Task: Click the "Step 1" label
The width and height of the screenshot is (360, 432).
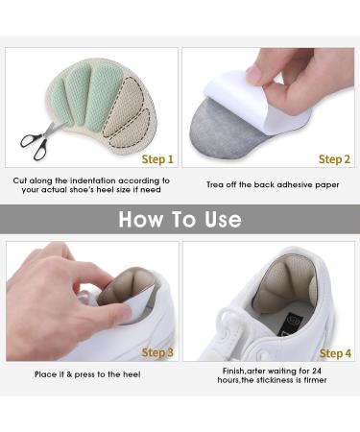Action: (157, 159)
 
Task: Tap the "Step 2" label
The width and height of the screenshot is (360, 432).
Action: (334, 159)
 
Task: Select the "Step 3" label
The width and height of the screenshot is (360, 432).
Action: (157, 352)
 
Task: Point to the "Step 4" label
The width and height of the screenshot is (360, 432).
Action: (335, 353)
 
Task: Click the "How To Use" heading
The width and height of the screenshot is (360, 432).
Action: (180, 219)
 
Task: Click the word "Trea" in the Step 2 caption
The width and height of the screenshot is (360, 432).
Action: (214, 184)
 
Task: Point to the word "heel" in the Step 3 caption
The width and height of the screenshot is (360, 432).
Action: (132, 374)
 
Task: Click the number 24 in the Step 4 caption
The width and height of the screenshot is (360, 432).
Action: (316, 371)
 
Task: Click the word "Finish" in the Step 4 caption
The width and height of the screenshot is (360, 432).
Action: (233, 371)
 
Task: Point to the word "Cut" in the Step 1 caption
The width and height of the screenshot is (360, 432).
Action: (19, 180)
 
